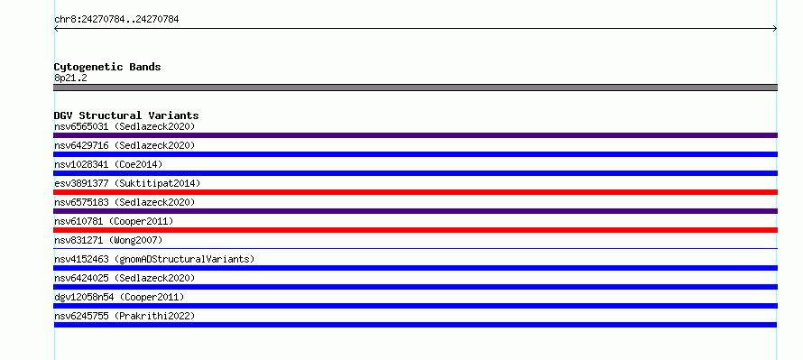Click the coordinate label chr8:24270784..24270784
[116, 20]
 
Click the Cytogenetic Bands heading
[107, 67]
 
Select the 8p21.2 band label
[70, 78]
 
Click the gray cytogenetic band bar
[415, 88]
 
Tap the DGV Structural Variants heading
[126, 115]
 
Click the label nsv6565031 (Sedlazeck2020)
[125, 126]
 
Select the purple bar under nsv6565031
[415, 135]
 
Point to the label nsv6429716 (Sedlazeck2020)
[125, 145]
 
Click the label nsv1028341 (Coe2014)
[108, 164]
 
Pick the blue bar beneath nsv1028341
[415, 173]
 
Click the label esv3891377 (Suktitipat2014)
[127, 183]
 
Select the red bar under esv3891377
[415, 192]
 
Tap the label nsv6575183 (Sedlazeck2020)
[125, 202]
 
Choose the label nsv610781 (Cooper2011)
[114, 221]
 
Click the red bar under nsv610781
[415, 230]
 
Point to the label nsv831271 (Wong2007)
[108, 240]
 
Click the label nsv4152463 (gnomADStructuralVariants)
[154, 259]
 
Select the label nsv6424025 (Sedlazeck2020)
[125, 278]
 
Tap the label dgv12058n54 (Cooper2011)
[119, 297]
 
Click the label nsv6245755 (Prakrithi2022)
[125, 316]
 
